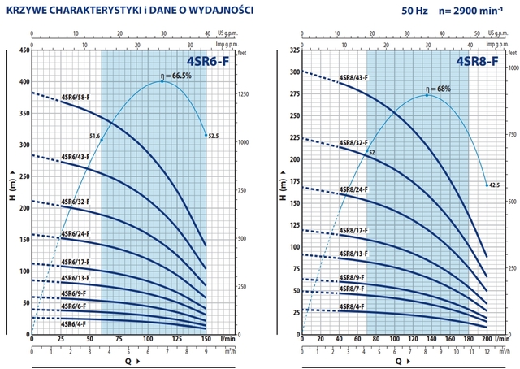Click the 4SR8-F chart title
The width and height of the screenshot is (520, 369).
click(477, 59)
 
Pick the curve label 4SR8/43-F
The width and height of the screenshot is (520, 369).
click(353, 77)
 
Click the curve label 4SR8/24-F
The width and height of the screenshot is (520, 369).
click(353, 189)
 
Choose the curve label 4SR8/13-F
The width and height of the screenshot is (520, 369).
click(353, 254)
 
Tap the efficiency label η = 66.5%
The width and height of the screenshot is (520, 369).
click(175, 76)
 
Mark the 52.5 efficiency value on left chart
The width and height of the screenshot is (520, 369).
click(214, 136)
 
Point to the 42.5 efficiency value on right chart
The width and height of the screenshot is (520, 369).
click(492, 185)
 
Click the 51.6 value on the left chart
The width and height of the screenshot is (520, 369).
click(94, 136)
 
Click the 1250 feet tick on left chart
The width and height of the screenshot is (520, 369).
click(222, 95)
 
